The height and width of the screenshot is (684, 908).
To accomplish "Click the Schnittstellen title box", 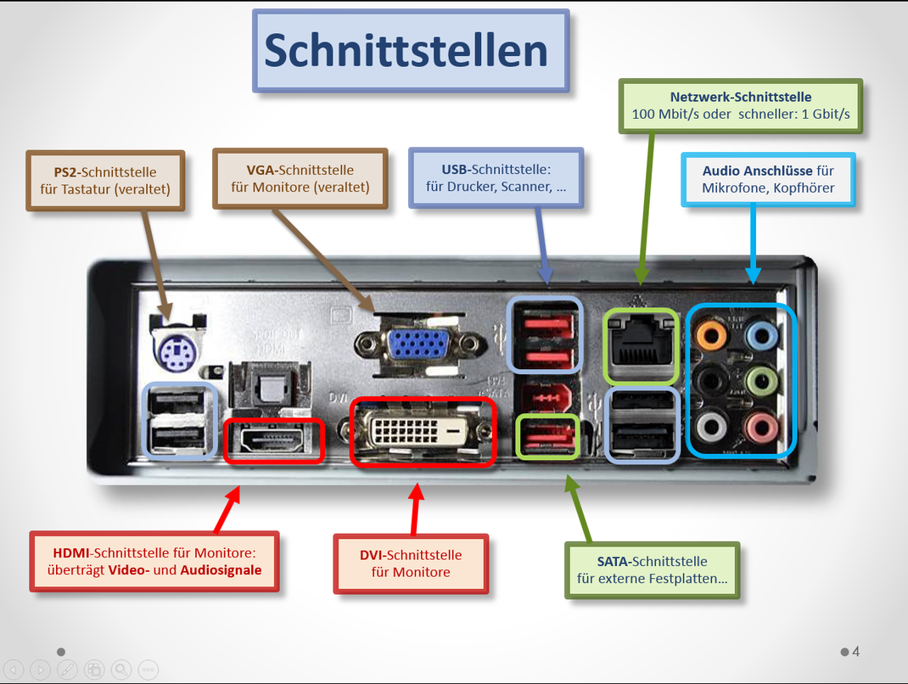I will click(411, 51).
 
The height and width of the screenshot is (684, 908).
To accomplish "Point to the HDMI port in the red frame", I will click(274, 440).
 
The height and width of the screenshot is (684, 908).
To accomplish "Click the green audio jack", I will click(761, 379).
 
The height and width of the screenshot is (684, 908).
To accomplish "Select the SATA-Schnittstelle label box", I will click(652, 570).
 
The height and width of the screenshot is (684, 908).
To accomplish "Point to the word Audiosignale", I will click(221, 570).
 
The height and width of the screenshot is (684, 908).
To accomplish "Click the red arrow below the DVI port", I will click(416, 508).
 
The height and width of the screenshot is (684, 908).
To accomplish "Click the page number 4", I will click(856, 652).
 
